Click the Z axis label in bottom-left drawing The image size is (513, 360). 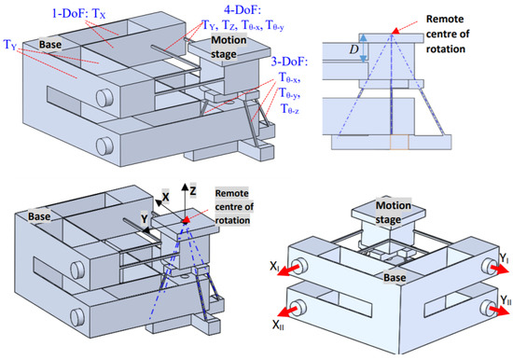193,190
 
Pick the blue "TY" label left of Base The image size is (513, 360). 10,44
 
